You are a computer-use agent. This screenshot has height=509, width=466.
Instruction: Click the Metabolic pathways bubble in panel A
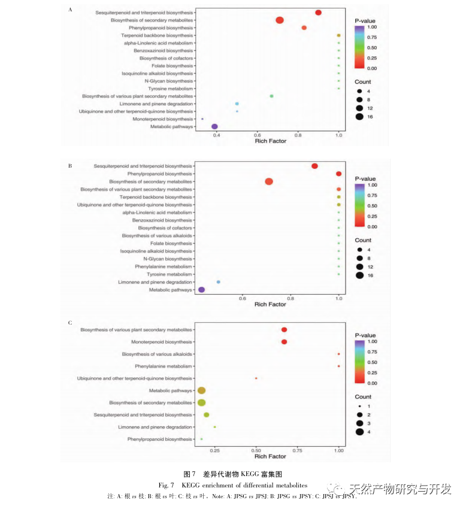[214, 126]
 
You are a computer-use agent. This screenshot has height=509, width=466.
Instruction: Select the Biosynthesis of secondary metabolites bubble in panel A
[280, 20]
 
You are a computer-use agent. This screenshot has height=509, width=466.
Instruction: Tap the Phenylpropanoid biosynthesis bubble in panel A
[304, 28]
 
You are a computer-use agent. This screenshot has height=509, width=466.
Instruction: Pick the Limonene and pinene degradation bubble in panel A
[237, 104]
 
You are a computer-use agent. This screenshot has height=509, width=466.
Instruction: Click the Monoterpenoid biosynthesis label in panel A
[157, 119]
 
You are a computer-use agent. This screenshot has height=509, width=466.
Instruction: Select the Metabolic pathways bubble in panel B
[202, 290]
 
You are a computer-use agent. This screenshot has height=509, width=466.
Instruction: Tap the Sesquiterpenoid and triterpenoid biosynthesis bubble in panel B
[315, 166]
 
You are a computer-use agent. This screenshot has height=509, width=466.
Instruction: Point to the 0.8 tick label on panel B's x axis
[291, 298]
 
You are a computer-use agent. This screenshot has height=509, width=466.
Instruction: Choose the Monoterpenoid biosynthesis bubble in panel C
[284, 342]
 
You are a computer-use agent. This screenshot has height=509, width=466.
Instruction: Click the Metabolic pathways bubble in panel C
[202, 390]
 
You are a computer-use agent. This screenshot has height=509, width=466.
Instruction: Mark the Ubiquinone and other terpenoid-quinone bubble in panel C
[256, 378]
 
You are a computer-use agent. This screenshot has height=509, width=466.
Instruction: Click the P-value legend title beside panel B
[365, 179]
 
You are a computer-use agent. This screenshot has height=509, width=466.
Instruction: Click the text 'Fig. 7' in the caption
[166, 484]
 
